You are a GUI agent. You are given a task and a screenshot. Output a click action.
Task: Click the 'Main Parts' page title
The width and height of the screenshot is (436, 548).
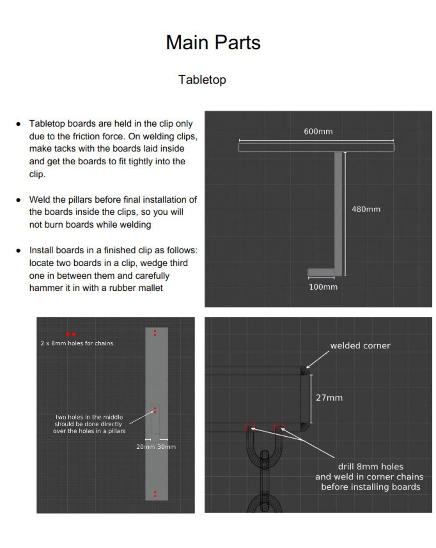(x=213, y=42)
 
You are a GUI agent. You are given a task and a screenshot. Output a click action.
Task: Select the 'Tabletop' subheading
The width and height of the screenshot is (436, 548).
(x=202, y=80)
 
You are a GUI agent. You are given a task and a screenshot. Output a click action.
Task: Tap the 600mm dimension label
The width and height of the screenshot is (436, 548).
(x=318, y=132)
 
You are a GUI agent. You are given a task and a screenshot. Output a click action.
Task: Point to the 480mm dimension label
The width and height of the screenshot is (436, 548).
(x=366, y=209)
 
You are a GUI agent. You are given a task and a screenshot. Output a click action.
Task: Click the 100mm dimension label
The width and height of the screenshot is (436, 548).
(x=323, y=287)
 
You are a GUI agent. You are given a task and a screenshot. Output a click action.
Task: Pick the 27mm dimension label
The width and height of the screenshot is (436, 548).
(x=329, y=398)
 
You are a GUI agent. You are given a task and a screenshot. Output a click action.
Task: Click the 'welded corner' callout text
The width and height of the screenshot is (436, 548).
(x=360, y=346)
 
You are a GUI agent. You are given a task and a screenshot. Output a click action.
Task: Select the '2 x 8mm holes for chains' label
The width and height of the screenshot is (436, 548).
(x=77, y=343)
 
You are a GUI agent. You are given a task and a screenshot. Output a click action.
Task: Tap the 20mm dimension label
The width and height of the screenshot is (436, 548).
(x=145, y=447)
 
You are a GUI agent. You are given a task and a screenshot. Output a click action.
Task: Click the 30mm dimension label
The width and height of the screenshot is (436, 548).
(x=167, y=447)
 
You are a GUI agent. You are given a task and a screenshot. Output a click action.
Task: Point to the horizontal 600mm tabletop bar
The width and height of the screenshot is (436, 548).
(x=316, y=147)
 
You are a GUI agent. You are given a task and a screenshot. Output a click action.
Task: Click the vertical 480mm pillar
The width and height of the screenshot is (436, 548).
(x=338, y=210)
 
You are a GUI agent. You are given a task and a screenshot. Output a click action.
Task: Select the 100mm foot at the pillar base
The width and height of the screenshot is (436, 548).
(x=321, y=272)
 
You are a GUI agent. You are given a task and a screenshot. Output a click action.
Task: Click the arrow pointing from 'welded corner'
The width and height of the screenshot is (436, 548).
(x=317, y=360)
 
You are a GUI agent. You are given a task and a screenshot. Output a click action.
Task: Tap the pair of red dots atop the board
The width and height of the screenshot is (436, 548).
(x=155, y=333)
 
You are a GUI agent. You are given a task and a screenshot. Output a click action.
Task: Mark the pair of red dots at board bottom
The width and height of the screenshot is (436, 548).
(x=155, y=494)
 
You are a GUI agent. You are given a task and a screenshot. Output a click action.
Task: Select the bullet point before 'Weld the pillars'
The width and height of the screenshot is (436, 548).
(x=18, y=200)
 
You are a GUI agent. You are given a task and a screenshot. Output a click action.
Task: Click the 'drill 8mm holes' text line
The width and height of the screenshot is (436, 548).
(x=370, y=467)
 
